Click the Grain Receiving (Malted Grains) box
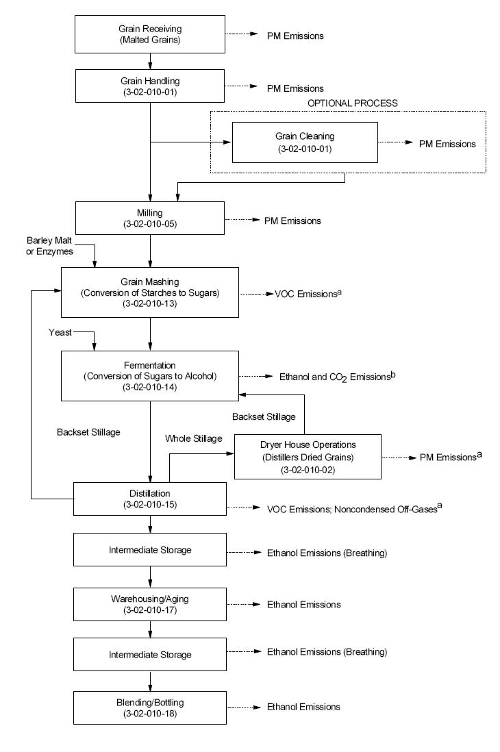coord(150,34)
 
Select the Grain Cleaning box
coord(305,142)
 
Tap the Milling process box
coord(150,217)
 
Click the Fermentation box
coord(150,376)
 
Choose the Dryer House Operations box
coord(307,456)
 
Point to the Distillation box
coord(150,499)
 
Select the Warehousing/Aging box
coord(150,604)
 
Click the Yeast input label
coord(60,332)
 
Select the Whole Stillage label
coord(194,438)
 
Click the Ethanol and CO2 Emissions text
coord(338,377)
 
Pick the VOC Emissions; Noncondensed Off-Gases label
coord(352,509)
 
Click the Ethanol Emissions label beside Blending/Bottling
coord(303,706)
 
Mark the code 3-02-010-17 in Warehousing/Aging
coord(150,610)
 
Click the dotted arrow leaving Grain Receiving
coord(239,34)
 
